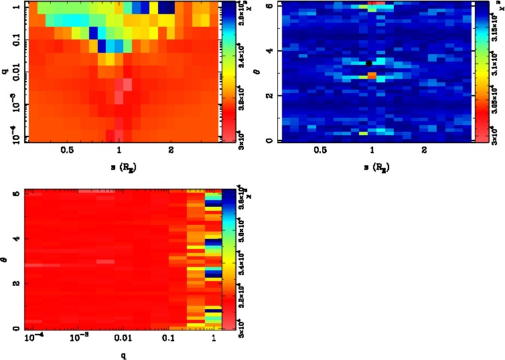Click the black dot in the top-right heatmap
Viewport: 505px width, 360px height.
(x=369, y=64)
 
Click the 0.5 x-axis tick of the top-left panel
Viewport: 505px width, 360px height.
(x=67, y=151)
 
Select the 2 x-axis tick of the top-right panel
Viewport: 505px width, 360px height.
(x=424, y=151)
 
